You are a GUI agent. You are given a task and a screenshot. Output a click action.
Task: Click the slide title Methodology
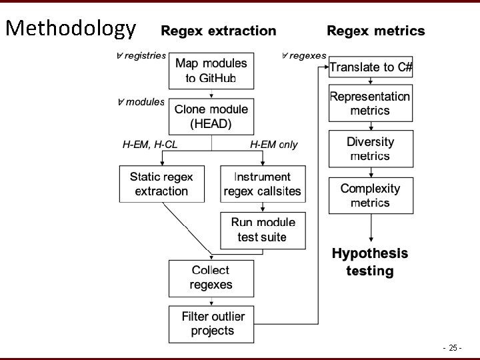[x=70, y=28]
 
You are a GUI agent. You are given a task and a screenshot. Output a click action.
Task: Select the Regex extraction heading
[x=218, y=31]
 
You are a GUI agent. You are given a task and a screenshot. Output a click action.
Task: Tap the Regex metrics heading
[x=375, y=31]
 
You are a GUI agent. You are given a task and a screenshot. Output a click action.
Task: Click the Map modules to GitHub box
[x=211, y=71]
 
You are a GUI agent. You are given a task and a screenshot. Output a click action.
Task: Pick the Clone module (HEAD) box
[x=211, y=116]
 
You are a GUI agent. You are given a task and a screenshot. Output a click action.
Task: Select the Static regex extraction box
[x=161, y=184]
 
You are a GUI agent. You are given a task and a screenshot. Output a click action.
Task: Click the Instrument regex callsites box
[x=263, y=184]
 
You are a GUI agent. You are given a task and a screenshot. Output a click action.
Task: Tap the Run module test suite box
[x=263, y=229]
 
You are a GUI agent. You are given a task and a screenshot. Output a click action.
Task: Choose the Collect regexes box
[x=211, y=277]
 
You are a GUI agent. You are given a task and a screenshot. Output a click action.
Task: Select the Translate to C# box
[x=371, y=67]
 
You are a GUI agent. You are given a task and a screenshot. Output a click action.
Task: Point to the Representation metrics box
[x=370, y=103]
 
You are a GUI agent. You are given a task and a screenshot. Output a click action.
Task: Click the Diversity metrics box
[x=370, y=149]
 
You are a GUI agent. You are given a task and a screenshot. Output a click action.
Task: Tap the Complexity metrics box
[x=370, y=195]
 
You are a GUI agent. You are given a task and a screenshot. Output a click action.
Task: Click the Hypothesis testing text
[x=370, y=262]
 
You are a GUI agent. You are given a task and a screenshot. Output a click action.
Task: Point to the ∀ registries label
[x=141, y=56]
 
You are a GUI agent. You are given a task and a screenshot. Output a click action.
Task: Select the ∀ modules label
[x=141, y=102]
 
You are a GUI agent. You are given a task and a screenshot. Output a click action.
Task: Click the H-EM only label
[x=274, y=144]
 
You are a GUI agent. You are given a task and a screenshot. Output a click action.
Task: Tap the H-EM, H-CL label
[x=150, y=144]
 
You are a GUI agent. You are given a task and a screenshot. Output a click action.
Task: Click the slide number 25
[x=453, y=347]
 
